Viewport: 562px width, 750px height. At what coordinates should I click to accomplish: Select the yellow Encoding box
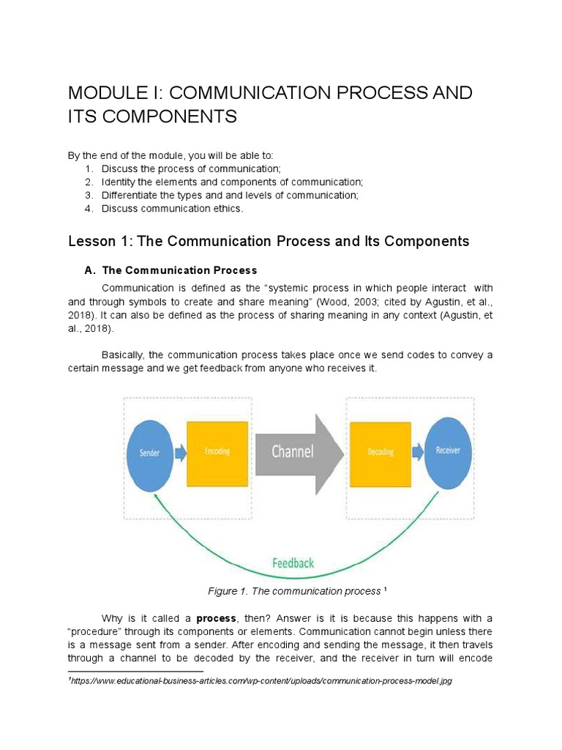click(217, 453)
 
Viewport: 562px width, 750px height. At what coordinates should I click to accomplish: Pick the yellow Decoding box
click(380, 453)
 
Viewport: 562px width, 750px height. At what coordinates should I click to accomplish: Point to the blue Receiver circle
click(448, 451)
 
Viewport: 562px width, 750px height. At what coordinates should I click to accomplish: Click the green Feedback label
click(293, 562)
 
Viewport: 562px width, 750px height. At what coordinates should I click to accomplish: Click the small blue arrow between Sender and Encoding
click(180, 453)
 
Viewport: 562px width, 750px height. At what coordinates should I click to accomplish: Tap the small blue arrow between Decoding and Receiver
click(417, 453)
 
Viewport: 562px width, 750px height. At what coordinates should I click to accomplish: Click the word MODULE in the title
click(104, 94)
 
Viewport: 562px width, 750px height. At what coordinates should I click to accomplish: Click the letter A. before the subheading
click(90, 270)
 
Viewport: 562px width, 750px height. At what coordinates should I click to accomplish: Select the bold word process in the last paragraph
click(215, 618)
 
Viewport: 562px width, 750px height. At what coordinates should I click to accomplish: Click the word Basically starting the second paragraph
click(123, 355)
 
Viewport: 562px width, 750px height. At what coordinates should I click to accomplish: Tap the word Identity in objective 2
click(119, 182)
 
